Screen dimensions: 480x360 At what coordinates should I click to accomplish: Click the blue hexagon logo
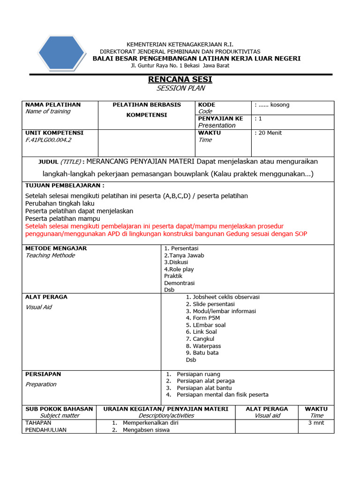coord(61,52)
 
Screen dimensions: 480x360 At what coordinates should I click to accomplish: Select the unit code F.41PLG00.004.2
coord(48,140)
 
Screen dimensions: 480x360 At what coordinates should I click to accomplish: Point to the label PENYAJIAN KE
coord(220,119)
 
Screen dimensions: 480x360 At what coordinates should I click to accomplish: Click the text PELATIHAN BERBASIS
coord(147,105)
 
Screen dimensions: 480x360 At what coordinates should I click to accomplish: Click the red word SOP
coord(301,233)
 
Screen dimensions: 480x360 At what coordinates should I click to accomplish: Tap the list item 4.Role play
coord(179,269)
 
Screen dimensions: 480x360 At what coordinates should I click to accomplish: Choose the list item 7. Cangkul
coord(200,338)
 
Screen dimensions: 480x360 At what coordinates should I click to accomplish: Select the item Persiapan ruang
coord(198,374)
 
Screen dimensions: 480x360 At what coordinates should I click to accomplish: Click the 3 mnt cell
coord(316,423)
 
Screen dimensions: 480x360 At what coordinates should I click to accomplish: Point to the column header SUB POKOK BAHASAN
coord(60,409)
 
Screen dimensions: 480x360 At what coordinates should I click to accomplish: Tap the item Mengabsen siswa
coord(146,430)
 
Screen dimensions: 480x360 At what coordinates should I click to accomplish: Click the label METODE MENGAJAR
coord(56,248)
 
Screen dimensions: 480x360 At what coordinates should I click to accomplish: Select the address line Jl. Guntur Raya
coord(180,66)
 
